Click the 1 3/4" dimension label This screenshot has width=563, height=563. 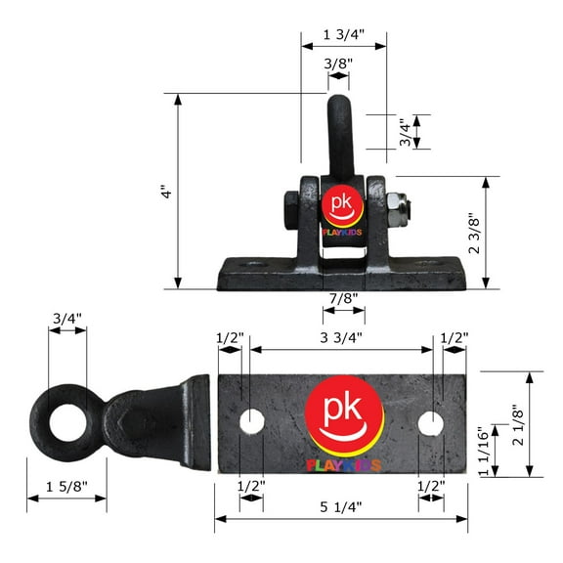pyautogui.click(x=344, y=35)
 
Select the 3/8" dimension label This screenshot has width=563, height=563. pyautogui.click(x=338, y=64)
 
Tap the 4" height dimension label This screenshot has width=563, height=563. pyautogui.click(x=166, y=192)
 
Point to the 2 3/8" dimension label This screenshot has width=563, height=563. pyautogui.click(x=474, y=234)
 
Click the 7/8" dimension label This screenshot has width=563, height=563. pyautogui.click(x=344, y=298)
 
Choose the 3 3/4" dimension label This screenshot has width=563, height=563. pyautogui.click(x=341, y=337)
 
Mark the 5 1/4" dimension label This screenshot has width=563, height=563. pyautogui.click(x=341, y=507)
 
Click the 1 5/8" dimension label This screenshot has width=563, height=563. pyautogui.click(x=66, y=487)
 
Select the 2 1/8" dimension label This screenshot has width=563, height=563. pyautogui.click(x=518, y=425)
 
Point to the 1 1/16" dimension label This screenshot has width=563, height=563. pyautogui.click(x=485, y=452)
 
